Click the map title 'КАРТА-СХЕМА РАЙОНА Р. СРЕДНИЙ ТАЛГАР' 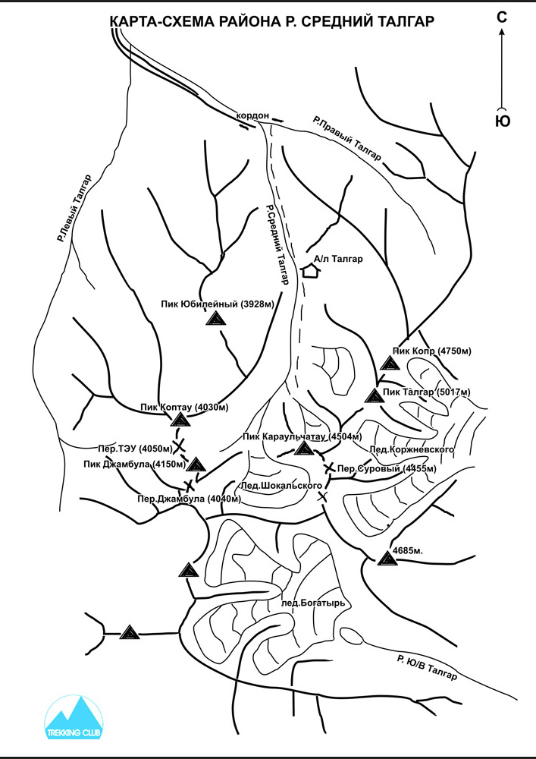pyautogui.click(x=272, y=21)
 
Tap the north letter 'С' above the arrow pyautogui.click(x=502, y=17)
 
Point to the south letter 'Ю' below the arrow pyautogui.click(x=503, y=121)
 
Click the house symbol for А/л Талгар pyautogui.click(x=310, y=271)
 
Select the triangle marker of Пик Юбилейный pyautogui.click(x=215, y=319)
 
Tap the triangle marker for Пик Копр pyautogui.click(x=388, y=363)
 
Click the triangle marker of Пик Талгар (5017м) pyautogui.click(x=374, y=395)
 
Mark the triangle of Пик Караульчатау pyautogui.click(x=304, y=449)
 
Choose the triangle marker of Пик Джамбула pyautogui.click(x=196, y=465)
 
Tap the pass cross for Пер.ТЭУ pyautogui.click(x=179, y=446)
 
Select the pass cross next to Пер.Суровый pyautogui.click(x=330, y=468)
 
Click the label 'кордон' pyautogui.click(x=252, y=116)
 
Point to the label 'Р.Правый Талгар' pyautogui.click(x=347, y=138)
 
